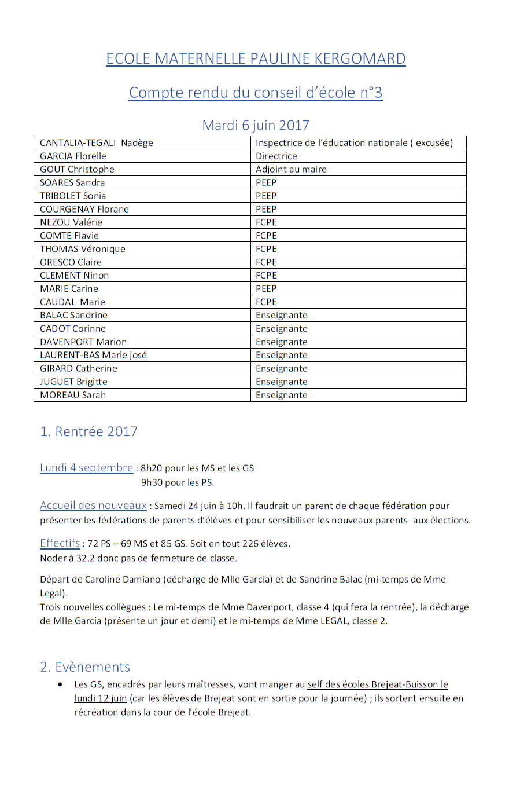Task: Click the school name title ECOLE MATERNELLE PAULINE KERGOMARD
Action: point(256,58)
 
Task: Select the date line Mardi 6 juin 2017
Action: point(256,125)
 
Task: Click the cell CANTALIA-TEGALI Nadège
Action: point(97,143)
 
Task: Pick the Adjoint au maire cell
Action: point(291,170)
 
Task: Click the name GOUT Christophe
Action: point(77,170)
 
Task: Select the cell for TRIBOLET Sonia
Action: point(73,196)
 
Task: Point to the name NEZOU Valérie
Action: point(71,223)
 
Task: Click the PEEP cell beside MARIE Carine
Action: point(266,289)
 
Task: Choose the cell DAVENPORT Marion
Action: point(83,342)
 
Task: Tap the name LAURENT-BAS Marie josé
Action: point(93,356)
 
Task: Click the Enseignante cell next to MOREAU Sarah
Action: point(282,395)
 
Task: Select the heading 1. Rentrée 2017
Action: point(89,431)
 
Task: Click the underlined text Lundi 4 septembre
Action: point(86,468)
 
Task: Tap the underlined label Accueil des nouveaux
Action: point(93,506)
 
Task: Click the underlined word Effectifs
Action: point(60,544)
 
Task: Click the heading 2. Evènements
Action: point(85,667)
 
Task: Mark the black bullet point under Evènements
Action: point(61,684)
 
